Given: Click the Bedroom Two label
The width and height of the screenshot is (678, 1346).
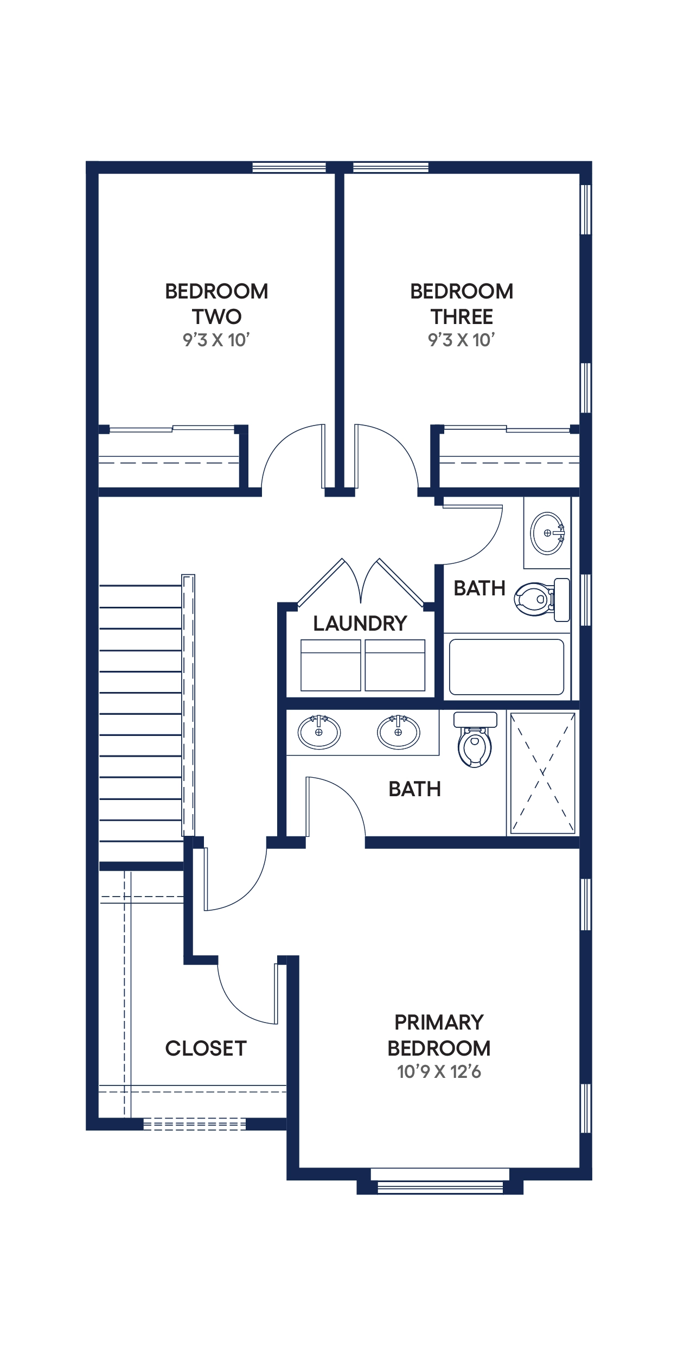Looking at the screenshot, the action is (216, 304).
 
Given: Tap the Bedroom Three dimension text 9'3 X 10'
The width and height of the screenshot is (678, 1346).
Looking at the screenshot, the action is (462, 340).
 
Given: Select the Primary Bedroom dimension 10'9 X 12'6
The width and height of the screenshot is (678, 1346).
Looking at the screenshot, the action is (439, 1072).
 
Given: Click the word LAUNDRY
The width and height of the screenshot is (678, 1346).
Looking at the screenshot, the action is (360, 624).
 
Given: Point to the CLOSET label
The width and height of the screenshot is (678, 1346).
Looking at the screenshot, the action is (206, 1049).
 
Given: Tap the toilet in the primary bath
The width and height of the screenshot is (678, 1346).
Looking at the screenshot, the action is (475, 739).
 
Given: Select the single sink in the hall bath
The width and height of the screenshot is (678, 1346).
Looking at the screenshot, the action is (548, 532).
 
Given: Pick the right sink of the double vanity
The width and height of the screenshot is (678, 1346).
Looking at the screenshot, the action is (398, 731).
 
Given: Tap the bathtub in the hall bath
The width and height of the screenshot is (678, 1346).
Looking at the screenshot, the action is (507, 667).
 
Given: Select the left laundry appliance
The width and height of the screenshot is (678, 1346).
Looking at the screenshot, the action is (331, 665).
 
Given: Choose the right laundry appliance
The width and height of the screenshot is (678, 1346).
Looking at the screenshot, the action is (395, 665).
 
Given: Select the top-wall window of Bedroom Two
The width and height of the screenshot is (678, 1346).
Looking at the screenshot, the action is (289, 167).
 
